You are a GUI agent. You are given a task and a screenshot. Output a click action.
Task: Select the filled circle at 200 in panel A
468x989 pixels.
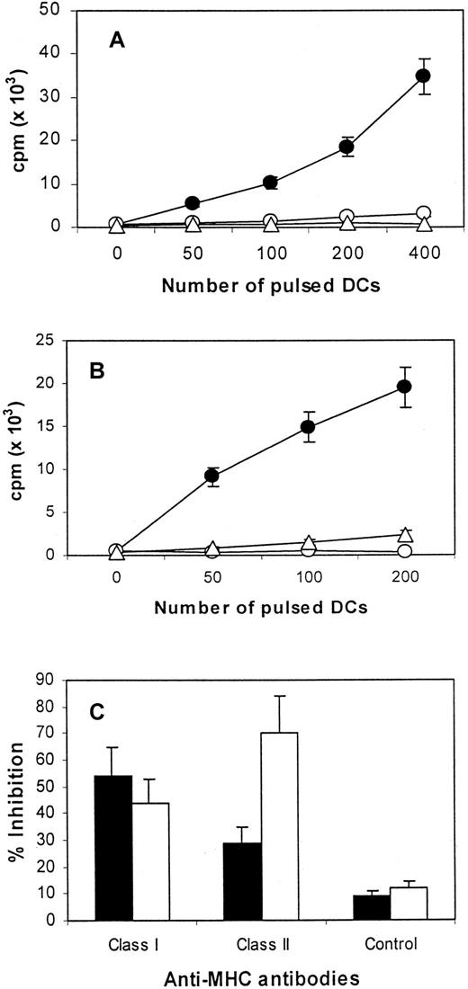point(346,147)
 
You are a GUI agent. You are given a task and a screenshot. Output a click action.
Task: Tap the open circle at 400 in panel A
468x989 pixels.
point(423,214)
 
